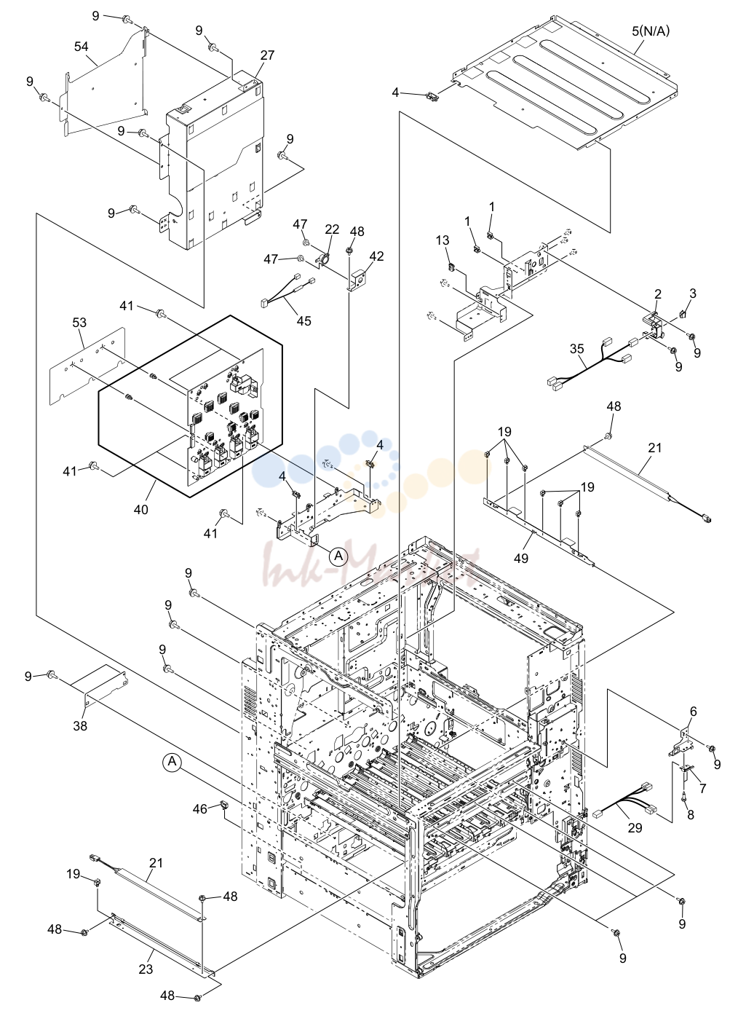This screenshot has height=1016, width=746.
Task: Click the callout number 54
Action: [x=81, y=47]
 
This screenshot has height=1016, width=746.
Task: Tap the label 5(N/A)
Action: [x=651, y=31]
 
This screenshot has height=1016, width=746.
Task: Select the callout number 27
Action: [x=267, y=55]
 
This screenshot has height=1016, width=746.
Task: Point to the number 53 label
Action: [x=79, y=323]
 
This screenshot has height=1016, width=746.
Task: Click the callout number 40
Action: [x=141, y=509]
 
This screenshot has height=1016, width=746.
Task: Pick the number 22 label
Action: [x=332, y=229]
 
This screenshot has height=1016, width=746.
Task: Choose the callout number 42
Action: [x=376, y=256]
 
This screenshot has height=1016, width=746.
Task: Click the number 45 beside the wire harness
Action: [x=304, y=320]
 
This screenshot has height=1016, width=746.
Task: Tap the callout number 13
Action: [x=443, y=240]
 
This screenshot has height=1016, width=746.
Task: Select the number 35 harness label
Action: [x=577, y=349]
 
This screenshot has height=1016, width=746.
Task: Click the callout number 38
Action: [x=80, y=726]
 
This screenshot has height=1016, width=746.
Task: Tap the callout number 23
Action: [x=146, y=969]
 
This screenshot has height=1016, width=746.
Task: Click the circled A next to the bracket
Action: [x=338, y=556]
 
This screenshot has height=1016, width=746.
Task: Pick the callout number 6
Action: [x=694, y=712]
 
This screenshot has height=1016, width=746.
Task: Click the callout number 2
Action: [x=658, y=294]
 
